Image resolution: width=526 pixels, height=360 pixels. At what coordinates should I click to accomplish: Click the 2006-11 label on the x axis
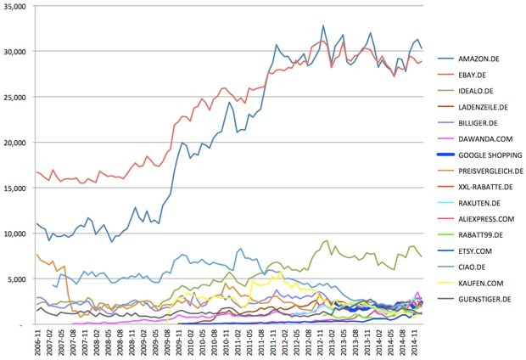pyautogui.click(x=40, y=342)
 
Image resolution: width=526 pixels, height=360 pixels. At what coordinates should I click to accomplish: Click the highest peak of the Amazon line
pyautogui.click(x=323, y=26)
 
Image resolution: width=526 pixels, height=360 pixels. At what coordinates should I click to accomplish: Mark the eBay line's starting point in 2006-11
pyautogui.click(x=37, y=172)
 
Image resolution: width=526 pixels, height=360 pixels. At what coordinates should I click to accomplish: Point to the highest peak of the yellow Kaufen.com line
pyautogui.click(x=281, y=273)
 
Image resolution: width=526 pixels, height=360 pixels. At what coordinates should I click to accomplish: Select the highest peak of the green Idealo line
pyautogui.click(x=327, y=241)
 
